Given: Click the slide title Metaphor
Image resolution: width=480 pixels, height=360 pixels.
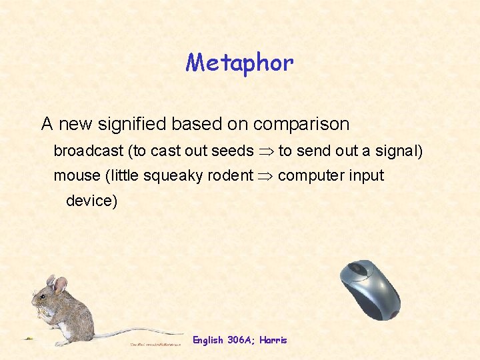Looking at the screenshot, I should tap(239, 63).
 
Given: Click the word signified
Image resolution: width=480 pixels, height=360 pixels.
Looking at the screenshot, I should tap(136, 124).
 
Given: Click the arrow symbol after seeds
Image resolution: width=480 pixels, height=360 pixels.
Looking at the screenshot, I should tap(266, 151).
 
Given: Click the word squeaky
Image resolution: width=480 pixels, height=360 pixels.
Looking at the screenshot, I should tap(172, 176).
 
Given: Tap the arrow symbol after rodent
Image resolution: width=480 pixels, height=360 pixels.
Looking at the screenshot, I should tap(265, 177).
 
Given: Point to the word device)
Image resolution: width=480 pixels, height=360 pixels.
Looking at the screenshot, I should tap(91, 201).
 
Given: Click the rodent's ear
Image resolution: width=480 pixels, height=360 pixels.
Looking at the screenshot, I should tap(59, 285).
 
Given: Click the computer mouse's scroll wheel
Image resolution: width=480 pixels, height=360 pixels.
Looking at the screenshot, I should tap(358, 270).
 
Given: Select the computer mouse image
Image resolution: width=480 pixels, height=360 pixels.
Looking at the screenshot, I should tap(370, 289).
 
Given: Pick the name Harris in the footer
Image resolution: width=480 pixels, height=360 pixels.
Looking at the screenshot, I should tap(274, 340).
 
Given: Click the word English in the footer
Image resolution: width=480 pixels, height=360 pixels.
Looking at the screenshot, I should tap(208, 340).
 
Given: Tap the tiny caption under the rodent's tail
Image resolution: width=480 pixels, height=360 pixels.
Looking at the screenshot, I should tap(155, 344).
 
